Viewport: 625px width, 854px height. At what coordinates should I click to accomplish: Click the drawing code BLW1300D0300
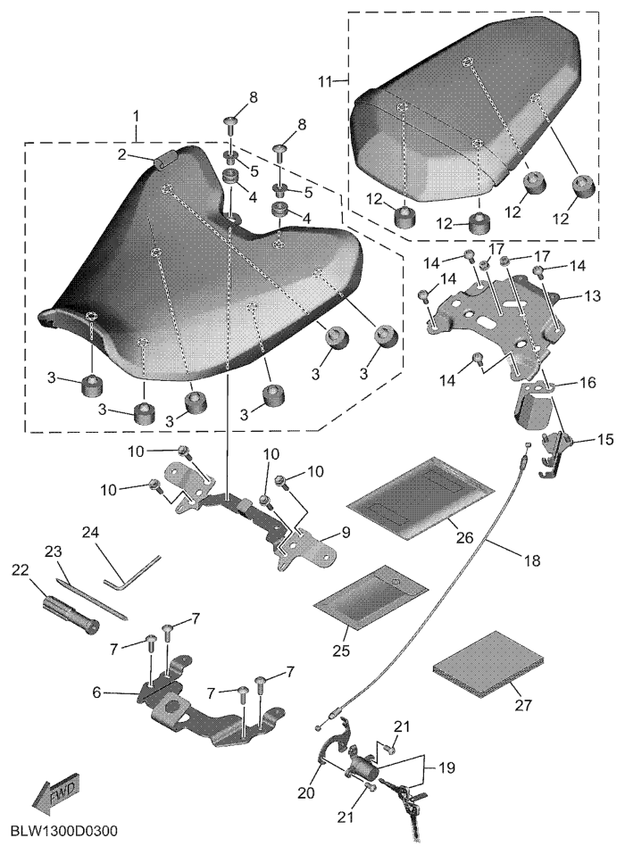click(x=63, y=831)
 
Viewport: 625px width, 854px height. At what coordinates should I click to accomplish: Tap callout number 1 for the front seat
click(x=137, y=116)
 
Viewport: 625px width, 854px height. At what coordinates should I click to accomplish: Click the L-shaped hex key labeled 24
click(x=132, y=572)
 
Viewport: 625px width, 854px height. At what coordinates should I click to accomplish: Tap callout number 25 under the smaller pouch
click(x=342, y=650)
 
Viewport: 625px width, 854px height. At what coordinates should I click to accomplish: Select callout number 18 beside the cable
click(x=532, y=560)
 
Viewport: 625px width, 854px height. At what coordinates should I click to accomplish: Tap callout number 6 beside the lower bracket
click(x=96, y=692)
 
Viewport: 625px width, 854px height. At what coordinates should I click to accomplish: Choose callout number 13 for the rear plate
click(x=593, y=295)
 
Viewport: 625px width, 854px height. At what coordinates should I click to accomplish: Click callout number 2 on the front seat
click(x=123, y=155)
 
